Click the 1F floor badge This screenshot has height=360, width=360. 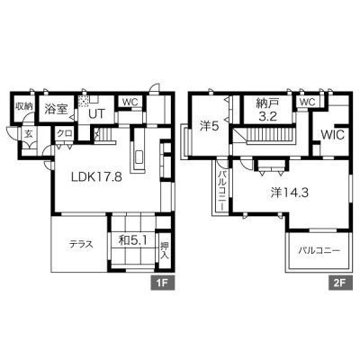point(162,283)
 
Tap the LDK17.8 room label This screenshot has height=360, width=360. point(96,177)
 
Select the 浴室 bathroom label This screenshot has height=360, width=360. point(56,109)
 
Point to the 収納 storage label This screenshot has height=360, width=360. point(24,106)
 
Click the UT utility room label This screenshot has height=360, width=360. point(97,114)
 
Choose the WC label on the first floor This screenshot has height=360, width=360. point(130,102)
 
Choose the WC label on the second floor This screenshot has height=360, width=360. point(308,102)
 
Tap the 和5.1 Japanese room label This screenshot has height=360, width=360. point(132,240)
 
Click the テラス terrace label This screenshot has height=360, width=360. point(81,244)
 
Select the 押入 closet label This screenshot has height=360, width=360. point(165,250)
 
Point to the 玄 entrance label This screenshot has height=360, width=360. point(28,134)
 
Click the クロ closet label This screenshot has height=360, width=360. point(64,134)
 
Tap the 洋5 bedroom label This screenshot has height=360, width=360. point(210,127)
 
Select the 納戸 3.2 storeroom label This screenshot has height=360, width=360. point(267,110)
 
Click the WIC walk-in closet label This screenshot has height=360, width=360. point(333,135)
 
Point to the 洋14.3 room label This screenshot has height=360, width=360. point(290,193)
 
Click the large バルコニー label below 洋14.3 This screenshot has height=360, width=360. point(319,251)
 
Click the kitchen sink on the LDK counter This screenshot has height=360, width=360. point(139,157)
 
